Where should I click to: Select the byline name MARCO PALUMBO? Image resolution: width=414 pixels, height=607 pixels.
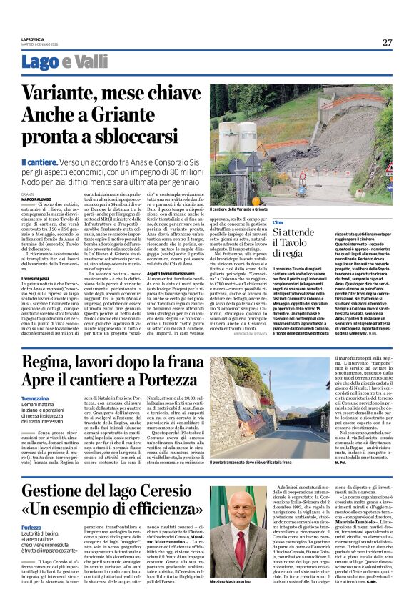[x=36, y=199]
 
